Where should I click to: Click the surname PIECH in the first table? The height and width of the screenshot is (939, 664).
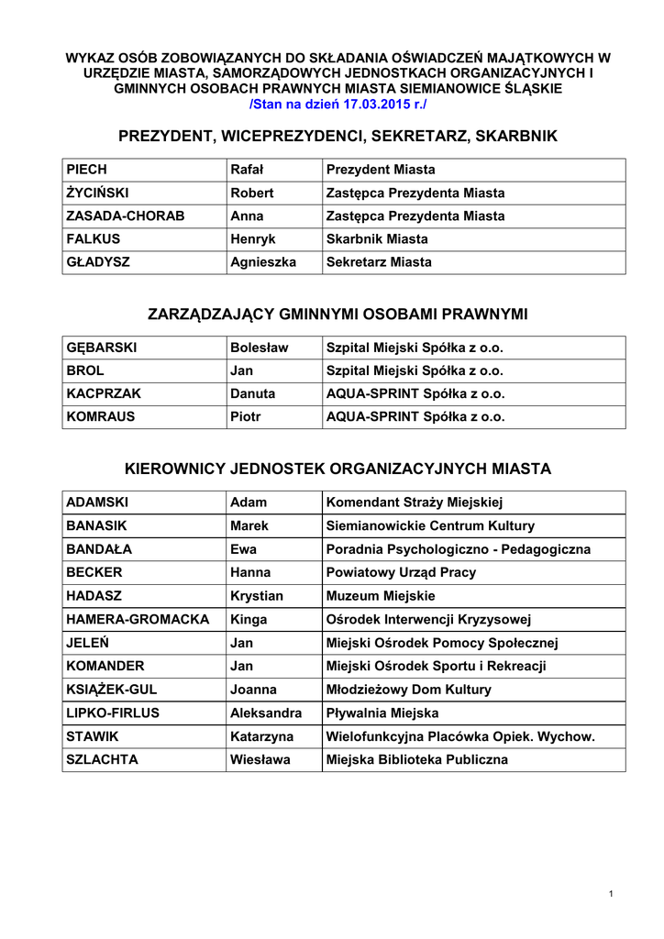tap(87, 170)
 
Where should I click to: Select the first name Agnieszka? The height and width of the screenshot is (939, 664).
tap(262, 262)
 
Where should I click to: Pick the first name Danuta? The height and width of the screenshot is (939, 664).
tap(252, 393)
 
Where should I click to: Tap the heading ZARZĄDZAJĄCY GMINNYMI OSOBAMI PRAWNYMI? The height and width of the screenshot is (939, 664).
tap(338, 315)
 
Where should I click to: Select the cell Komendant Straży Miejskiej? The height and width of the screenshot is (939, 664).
tap(415, 503)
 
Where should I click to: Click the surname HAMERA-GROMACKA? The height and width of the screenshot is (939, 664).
tap(138, 619)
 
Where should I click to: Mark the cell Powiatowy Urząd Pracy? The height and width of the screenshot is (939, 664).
tap(401, 572)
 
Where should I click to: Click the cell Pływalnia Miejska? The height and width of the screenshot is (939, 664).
tap(382, 713)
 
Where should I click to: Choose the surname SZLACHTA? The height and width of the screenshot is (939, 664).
tap(103, 759)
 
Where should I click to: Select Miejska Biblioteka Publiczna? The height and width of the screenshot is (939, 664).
tap(416, 759)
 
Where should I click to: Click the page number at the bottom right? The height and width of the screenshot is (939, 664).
tap(610, 894)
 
